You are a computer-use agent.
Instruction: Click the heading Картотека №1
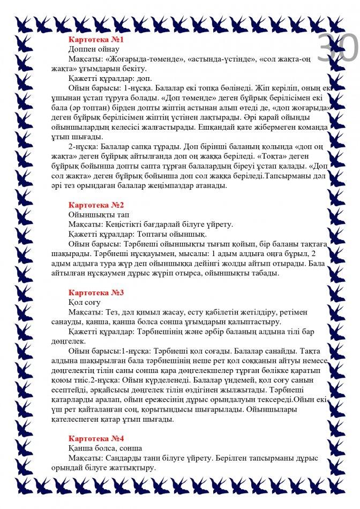click(96, 40)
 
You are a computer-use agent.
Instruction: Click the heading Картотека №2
click(96, 205)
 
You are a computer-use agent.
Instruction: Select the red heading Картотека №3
click(96, 293)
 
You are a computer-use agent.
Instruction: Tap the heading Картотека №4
click(96, 438)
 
